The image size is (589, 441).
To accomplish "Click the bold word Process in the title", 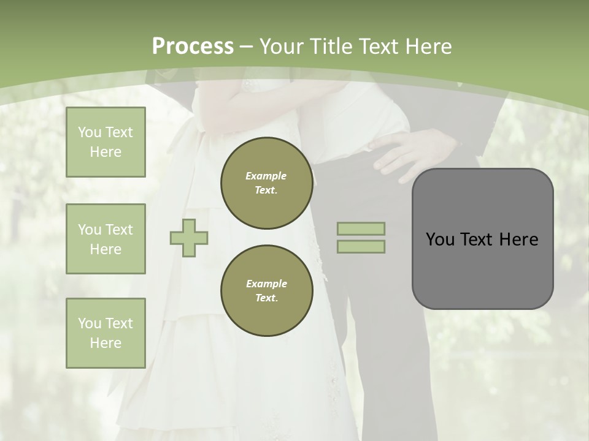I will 193,47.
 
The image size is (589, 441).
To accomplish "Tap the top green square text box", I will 106,142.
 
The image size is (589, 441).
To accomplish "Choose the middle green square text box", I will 106,239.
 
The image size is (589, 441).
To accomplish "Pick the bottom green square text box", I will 106,333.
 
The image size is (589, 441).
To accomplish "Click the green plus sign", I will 189,238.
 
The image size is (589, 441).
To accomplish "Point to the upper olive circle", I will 266,183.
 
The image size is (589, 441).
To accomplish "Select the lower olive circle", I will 266,290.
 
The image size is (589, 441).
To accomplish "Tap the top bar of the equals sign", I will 361,228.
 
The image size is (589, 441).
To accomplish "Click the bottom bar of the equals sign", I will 361,246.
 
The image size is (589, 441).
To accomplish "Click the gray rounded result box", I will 482,239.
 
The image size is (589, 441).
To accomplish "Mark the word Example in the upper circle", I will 266,176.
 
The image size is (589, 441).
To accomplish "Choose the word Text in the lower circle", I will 266,298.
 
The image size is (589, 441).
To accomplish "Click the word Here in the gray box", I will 518,239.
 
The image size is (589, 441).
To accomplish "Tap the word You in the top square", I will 90,132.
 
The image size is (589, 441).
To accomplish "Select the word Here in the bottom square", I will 106,343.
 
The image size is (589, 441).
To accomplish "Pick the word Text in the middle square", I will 119,230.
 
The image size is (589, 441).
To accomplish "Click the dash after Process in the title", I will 247,47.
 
